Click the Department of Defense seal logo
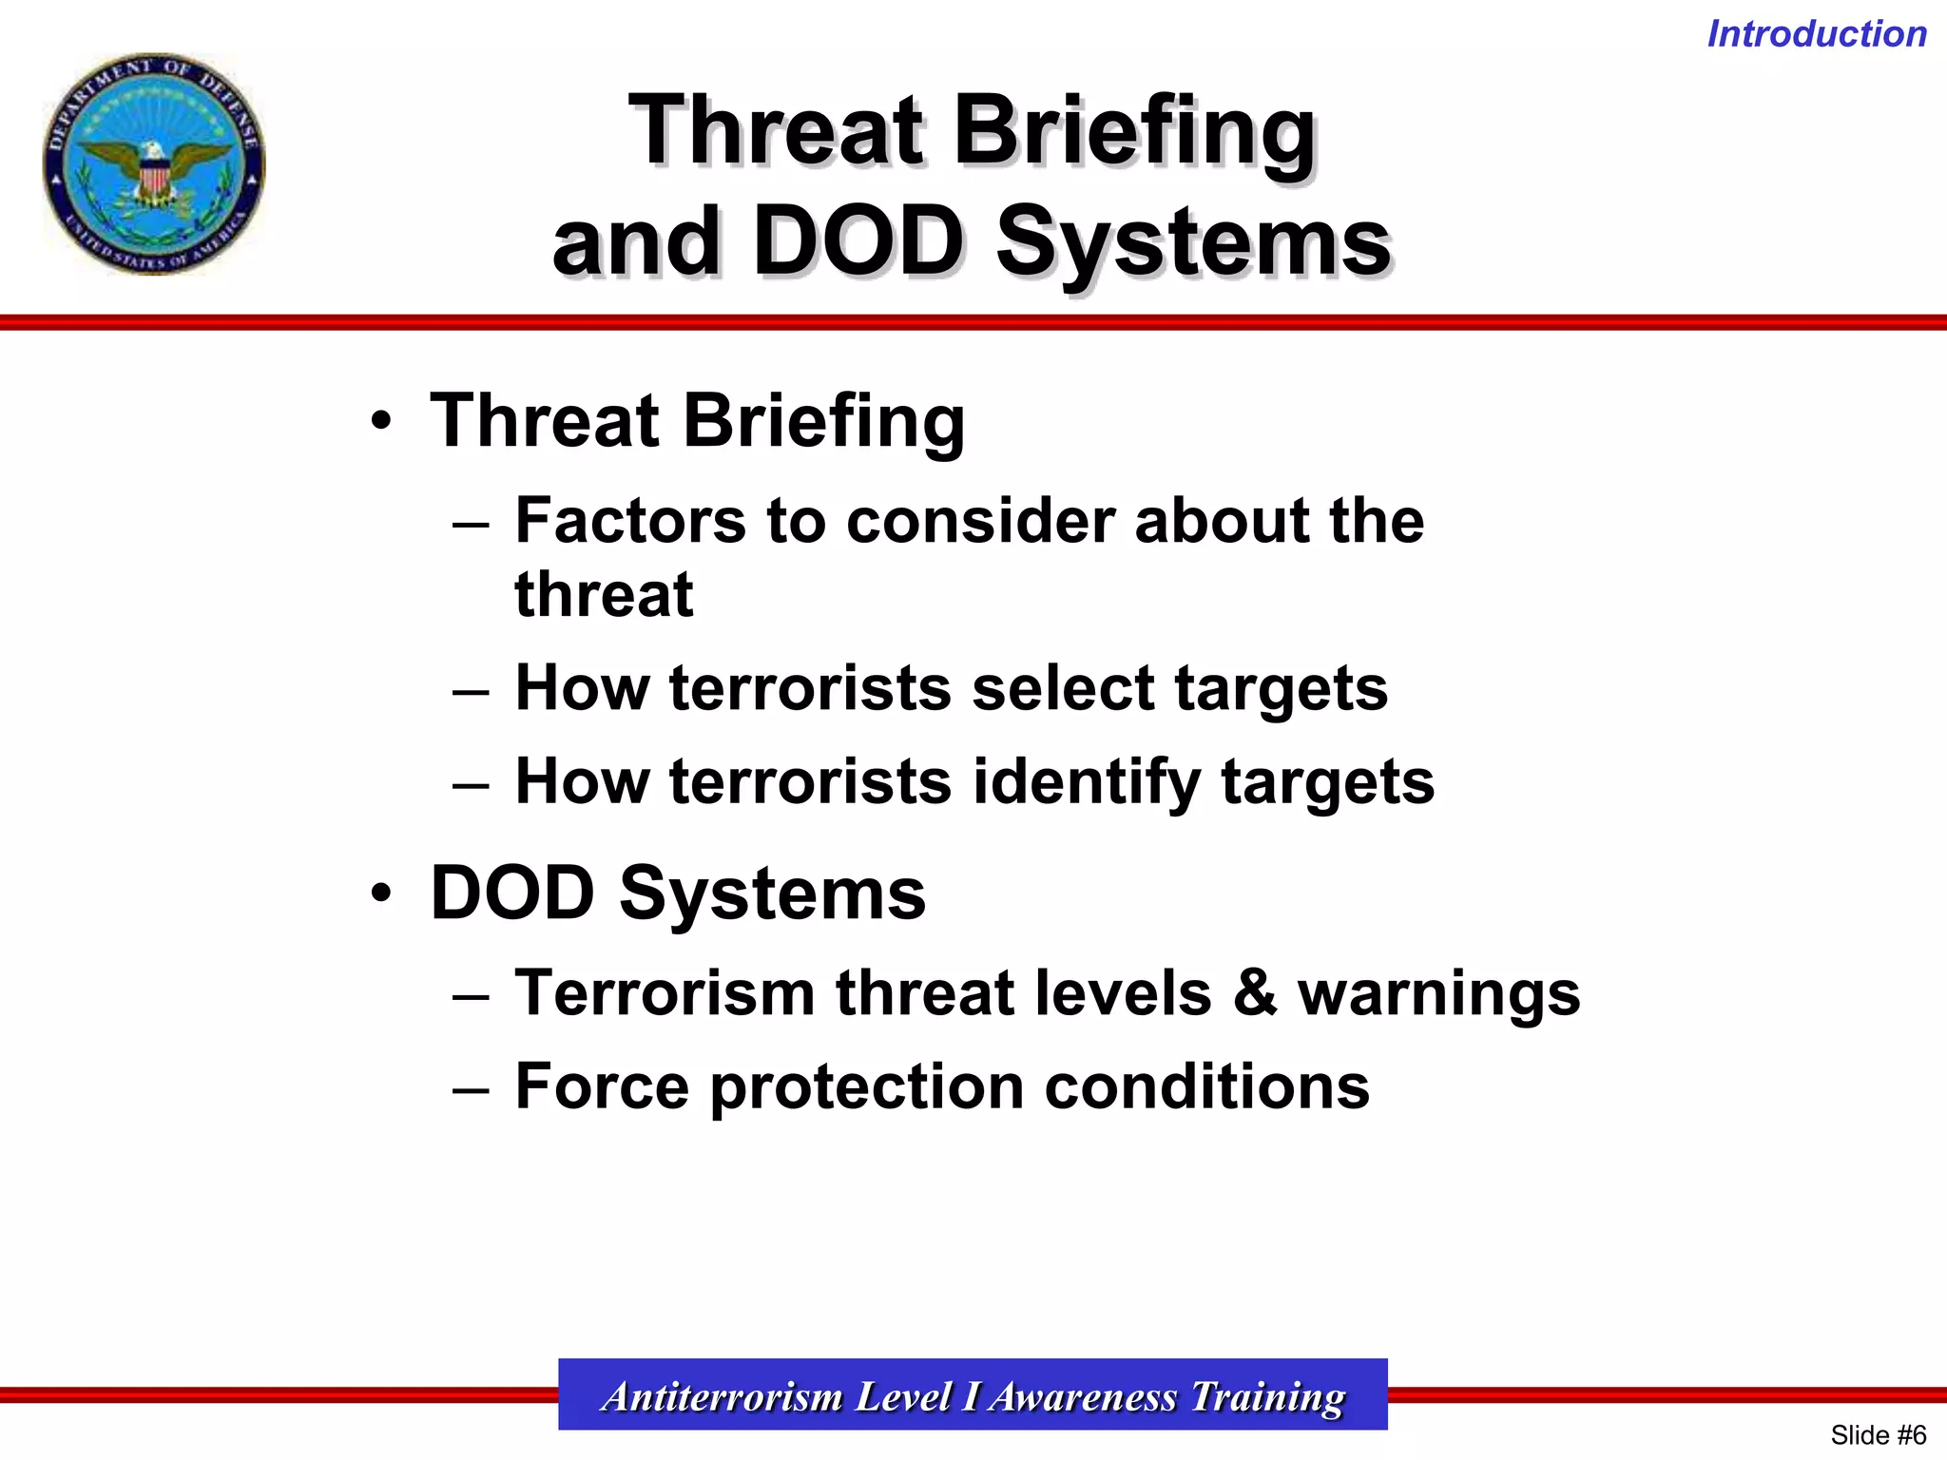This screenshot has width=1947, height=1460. (x=154, y=163)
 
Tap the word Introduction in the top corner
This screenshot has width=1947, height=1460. (x=1817, y=34)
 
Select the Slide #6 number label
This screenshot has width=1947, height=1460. (x=1878, y=1434)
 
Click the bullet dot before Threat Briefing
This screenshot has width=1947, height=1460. (x=381, y=421)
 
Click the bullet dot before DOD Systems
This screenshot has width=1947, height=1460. (x=381, y=893)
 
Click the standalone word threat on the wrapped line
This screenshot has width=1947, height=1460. (x=604, y=595)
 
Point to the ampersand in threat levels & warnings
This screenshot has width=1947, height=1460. (x=1255, y=992)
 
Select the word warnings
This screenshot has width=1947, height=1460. (x=1439, y=994)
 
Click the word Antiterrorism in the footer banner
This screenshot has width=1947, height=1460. (x=723, y=1396)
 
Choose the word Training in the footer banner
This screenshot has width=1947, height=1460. (x=1267, y=1396)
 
